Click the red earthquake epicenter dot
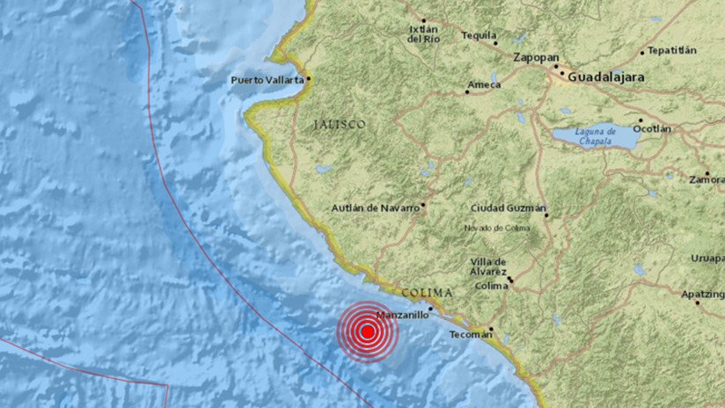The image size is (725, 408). pyautogui.click(x=368, y=331)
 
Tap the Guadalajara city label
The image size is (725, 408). pyautogui.click(x=606, y=77)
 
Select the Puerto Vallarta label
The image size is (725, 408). pyautogui.click(x=267, y=80)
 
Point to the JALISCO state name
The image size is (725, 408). pyautogui.click(x=339, y=126)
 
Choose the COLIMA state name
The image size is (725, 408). pyautogui.click(x=427, y=292)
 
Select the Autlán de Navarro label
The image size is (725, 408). pyautogui.click(x=376, y=208)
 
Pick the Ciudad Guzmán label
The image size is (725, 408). pyautogui.click(x=508, y=208)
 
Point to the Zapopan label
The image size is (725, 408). pyautogui.click(x=533, y=57)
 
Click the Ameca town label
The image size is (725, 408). pyautogui.click(x=483, y=84)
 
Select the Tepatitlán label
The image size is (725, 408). pyautogui.click(x=677, y=51)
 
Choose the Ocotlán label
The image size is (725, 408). pyautogui.click(x=653, y=128)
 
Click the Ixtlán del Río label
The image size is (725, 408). pyautogui.click(x=423, y=33)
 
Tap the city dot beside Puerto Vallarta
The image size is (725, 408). pyautogui.click(x=308, y=78)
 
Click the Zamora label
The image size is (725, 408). pyautogui.click(x=707, y=178)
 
